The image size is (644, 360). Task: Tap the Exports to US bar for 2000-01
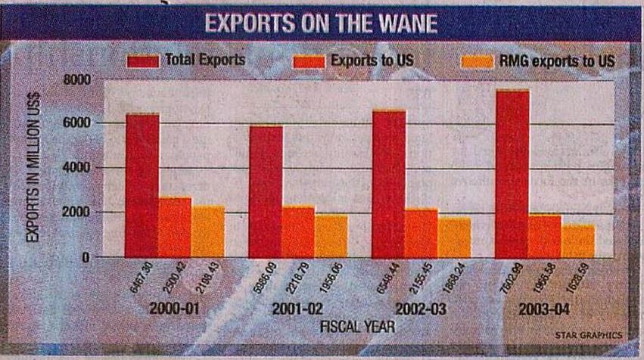click(x=175, y=227)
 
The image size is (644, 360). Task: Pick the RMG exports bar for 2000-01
click(x=207, y=231)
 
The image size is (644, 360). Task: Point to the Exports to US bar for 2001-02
click(x=299, y=231)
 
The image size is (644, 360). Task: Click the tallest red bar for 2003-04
click(x=512, y=174)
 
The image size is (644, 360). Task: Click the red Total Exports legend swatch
click(x=143, y=61)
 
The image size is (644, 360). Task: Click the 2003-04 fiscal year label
click(x=540, y=311)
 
